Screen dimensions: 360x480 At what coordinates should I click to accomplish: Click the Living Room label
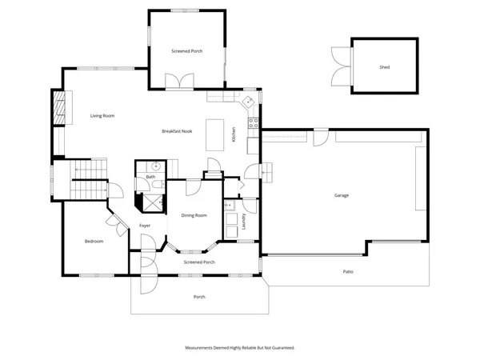pyautogui.click(x=102, y=116)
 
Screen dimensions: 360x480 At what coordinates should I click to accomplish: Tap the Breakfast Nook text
pyautogui.click(x=176, y=131)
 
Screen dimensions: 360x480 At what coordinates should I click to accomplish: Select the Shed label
pyautogui.click(x=384, y=67)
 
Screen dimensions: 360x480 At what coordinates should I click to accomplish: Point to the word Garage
pyautogui.click(x=342, y=196)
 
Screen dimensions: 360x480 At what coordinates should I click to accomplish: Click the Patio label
pyautogui.click(x=348, y=272)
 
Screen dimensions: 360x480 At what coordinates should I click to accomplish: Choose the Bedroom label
pyautogui.click(x=94, y=241)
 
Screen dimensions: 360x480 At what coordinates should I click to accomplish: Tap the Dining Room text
pyautogui.click(x=194, y=215)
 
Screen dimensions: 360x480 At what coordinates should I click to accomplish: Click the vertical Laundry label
pyautogui.click(x=242, y=222)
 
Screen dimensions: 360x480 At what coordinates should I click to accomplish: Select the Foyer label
pyautogui.click(x=145, y=226)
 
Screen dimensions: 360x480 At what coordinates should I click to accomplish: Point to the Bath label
pyautogui.click(x=150, y=177)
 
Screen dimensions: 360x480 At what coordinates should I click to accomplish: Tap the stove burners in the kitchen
pyautogui.click(x=253, y=123)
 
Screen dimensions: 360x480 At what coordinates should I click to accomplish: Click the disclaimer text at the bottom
pyautogui.click(x=240, y=348)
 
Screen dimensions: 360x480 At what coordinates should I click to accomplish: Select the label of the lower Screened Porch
pyautogui.click(x=199, y=262)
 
